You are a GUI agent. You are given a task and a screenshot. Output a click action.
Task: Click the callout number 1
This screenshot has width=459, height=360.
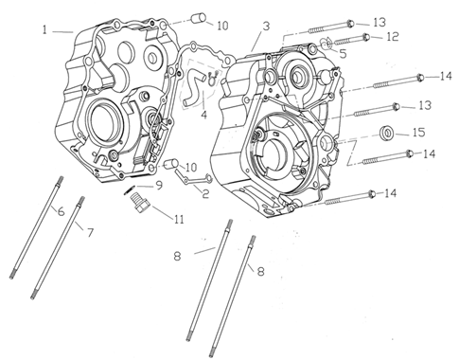click(44, 30)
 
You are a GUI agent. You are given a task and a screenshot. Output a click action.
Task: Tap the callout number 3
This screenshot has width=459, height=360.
click(267, 27)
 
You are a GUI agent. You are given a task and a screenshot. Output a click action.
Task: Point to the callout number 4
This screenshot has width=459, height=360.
click(204, 115)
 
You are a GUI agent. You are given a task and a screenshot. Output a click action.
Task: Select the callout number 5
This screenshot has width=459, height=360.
click(343, 54)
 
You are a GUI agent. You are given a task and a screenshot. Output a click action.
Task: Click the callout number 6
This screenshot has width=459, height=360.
click(62, 211)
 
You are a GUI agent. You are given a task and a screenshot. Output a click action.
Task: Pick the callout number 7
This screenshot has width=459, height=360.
click(90, 233)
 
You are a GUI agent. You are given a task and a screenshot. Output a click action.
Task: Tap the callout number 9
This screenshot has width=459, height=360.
click(159, 186)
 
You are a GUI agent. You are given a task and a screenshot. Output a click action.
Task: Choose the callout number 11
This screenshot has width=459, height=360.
click(179, 219)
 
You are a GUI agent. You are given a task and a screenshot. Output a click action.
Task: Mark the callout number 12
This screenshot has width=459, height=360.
click(393, 37)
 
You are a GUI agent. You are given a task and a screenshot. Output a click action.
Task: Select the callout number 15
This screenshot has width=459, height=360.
click(419, 133)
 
